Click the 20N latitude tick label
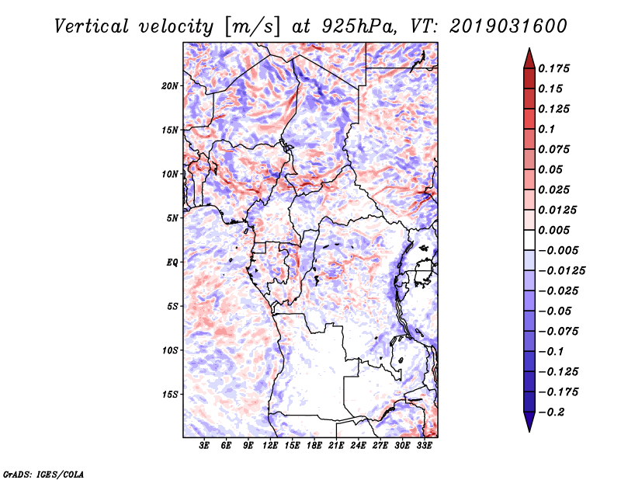click(170, 86)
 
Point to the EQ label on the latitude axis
click(172, 263)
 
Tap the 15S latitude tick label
click(170, 395)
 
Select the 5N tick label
click(172, 218)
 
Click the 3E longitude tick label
click(204, 446)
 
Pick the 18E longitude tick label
click(314, 446)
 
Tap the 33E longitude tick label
click(424, 446)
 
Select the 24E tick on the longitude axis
click(358, 446)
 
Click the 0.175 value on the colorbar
click(553, 68)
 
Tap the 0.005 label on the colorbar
click(553, 230)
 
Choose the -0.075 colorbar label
click(558, 332)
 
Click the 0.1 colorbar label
click(546, 129)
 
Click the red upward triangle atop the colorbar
click(529, 59)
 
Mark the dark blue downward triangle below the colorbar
click(529, 422)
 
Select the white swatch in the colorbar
click(529, 240)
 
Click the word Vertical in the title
click(92, 26)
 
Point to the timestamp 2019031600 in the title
click(508, 26)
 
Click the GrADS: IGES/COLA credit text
click(43, 474)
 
